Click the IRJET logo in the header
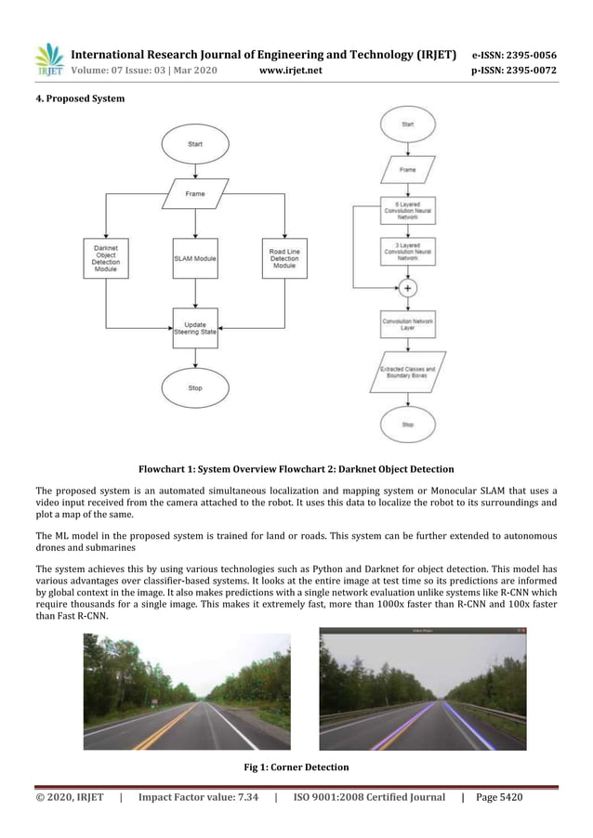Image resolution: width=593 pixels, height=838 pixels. tap(48, 59)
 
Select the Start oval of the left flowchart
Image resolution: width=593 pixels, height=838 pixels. tap(195, 144)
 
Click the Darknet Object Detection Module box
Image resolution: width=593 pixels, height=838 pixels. tap(106, 257)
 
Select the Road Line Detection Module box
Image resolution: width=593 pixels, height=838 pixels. tap(284, 257)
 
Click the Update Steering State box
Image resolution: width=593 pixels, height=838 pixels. tap(195, 328)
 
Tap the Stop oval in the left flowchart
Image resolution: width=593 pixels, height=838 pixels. tap(195, 387)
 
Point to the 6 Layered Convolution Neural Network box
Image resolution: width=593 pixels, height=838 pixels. tap(408, 210)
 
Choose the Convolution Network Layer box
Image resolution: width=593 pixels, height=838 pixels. tap(408, 324)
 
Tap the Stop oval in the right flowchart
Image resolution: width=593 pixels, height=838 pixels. tap(408, 424)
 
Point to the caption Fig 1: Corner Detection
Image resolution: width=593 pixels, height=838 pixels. tap(296, 767)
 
